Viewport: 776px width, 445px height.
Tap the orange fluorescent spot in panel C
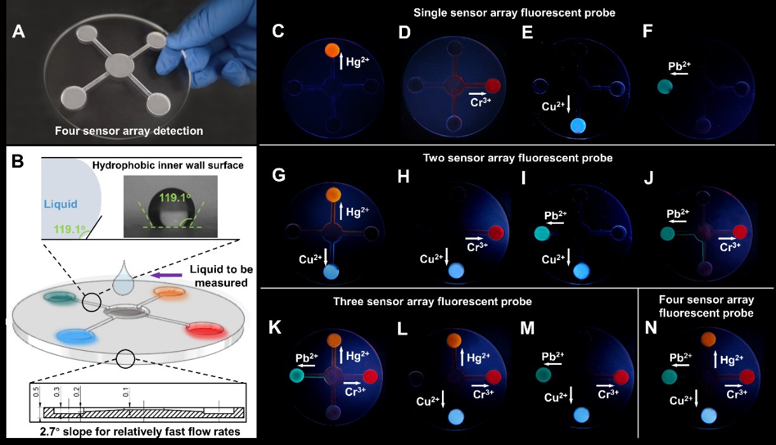pos(331,50)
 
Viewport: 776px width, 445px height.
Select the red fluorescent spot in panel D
pos(493,85)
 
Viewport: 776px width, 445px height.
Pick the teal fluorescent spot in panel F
pos(665,86)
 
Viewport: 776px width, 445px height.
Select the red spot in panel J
pos(740,232)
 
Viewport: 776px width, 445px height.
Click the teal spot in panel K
pos(296,376)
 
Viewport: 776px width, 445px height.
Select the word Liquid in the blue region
pos(61,205)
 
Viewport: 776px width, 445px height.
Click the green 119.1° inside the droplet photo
pos(177,198)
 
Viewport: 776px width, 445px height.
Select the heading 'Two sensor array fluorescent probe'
pos(518,156)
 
